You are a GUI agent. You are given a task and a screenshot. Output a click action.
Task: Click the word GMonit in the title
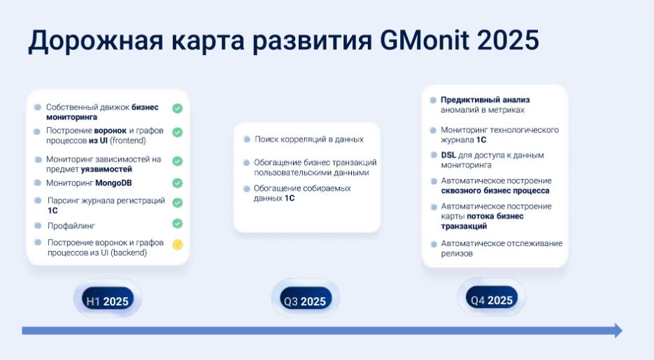tap(425, 40)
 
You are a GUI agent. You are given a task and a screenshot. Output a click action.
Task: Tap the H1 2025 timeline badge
tap(108, 299)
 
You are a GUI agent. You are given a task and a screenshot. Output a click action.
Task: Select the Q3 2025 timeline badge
tap(305, 299)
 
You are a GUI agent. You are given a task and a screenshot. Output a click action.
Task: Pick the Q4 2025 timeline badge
tap(492, 298)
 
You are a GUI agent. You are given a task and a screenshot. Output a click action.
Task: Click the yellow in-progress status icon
tap(178, 245)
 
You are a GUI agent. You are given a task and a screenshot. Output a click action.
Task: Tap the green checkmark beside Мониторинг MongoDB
tap(178, 183)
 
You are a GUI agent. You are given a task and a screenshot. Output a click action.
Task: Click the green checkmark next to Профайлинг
tap(178, 224)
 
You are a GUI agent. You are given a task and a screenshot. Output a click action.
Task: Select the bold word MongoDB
tap(113, 183)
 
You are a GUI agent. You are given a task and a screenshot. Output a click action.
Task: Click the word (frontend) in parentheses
tap(128, 141)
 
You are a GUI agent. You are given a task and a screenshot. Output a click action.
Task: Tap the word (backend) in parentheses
tap(129, 252)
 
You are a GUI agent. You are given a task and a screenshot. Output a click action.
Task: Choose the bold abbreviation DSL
tap(448, 155)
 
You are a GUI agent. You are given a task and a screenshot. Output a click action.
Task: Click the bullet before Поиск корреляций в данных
tap(247, 139)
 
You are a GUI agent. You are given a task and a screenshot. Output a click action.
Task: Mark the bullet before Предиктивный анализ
tap(433, 100)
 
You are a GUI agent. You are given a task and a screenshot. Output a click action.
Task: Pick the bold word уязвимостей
tap(106, 169)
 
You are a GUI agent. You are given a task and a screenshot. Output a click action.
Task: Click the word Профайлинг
tap(71, 226)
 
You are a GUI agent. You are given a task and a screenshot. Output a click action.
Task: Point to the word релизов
tap(457, 253)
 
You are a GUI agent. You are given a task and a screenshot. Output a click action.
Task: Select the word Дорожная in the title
tap(96, 41)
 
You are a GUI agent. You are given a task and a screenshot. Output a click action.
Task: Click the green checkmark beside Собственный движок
tap(178, 108)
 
